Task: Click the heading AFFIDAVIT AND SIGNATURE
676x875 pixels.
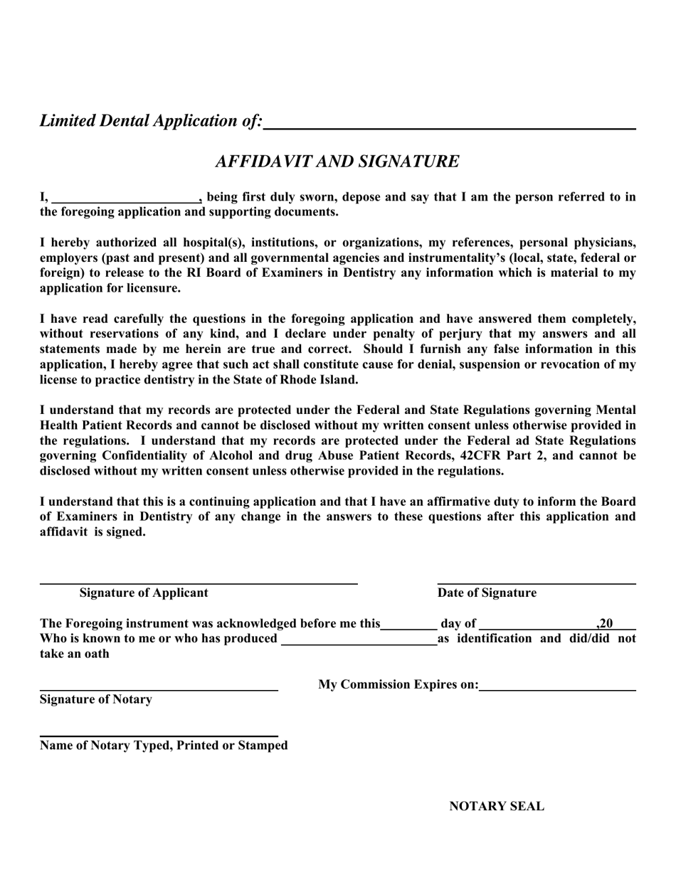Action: coord(337,161)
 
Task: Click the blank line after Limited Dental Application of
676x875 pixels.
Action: coord(449,124)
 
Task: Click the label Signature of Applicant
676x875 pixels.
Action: coord(144,593)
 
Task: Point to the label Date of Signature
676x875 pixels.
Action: coord(487,593)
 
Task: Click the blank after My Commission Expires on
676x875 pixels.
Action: coord(557,686)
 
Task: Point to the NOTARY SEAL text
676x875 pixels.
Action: coord(497,807)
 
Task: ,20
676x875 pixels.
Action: coord(605,624)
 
